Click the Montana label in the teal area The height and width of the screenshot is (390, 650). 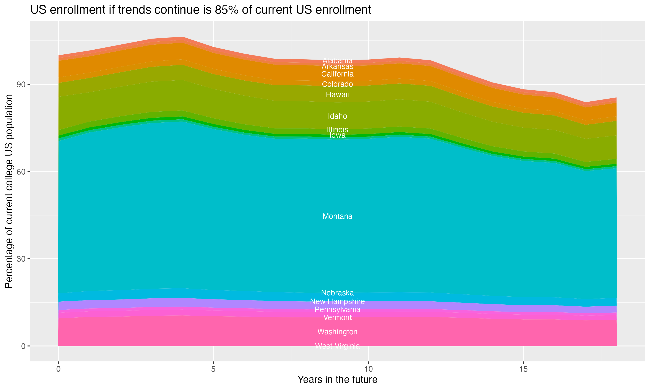(337, 216)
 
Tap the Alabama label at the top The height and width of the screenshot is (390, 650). (337, 60)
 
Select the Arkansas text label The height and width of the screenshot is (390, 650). (337, 67)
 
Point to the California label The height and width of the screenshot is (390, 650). (337, 74)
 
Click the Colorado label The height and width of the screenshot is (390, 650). (337, 84)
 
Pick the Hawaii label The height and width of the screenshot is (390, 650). (337, 95)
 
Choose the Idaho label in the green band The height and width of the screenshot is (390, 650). (337, 116)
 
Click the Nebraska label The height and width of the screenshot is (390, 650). (337, 293)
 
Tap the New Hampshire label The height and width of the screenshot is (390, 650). (337, 301)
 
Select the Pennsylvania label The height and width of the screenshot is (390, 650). (337, 310)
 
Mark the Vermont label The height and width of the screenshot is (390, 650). (337, 318)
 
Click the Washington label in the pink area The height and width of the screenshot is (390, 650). (337, 332)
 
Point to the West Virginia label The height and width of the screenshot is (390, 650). (337, 346)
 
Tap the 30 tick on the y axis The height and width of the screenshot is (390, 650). (21, 259)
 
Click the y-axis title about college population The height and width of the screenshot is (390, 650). (9, 191)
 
